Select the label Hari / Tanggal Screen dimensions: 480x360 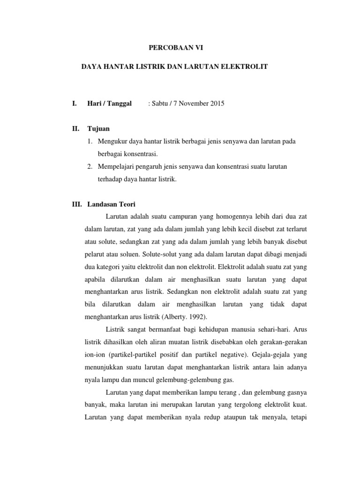point(110,103)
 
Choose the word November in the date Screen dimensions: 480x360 point(192,103)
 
